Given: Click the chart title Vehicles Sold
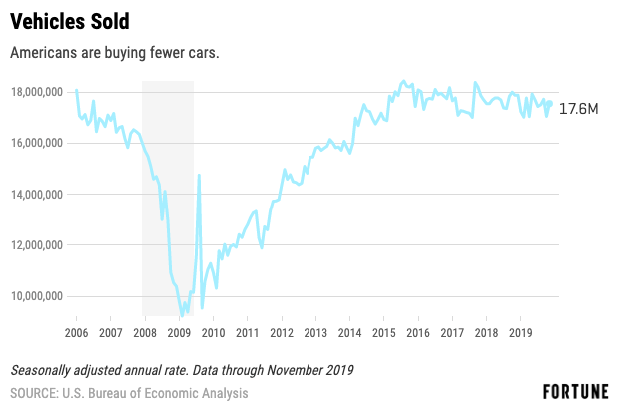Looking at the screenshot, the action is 70,21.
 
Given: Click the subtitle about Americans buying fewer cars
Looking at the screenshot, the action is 114,53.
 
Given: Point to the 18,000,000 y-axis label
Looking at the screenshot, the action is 37,92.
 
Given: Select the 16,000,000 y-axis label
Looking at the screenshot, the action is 37,143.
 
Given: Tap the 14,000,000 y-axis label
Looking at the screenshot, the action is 37,195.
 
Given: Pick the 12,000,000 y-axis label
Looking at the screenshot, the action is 37,245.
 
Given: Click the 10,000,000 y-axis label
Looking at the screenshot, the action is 37,296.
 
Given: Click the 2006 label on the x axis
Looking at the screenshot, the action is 76,333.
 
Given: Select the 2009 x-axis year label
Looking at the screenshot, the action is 179,333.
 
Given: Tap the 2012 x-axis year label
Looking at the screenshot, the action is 282,333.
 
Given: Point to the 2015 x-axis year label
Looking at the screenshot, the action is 384,333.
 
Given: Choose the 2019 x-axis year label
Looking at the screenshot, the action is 520,333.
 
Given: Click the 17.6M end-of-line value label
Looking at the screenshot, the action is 579,109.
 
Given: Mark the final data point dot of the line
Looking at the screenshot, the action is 550,103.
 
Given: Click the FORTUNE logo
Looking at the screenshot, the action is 575,392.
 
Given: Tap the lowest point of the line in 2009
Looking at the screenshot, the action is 182,315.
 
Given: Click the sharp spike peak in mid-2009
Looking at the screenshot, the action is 199,175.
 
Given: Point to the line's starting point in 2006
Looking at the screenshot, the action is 77,90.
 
